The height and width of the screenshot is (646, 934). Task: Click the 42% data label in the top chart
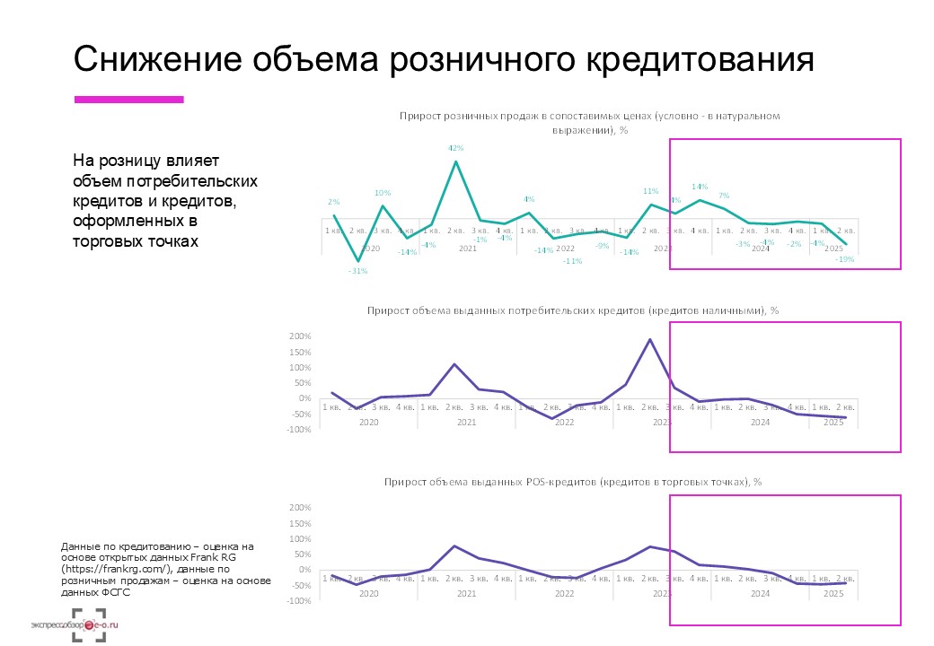(455, 148)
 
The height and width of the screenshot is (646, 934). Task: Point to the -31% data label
(358, 271)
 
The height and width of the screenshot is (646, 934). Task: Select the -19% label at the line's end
(844, 259)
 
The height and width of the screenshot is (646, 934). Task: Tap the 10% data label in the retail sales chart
(383, 193)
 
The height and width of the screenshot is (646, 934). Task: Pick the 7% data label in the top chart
(723, 196)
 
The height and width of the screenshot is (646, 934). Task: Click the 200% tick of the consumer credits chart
(299, 336)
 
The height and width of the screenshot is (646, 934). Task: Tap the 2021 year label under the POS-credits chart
(466, 593)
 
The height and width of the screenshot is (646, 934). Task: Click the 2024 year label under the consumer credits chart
(760, 421)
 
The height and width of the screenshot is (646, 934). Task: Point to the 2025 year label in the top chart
(833, 249)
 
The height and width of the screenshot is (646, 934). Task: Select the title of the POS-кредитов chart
(572, 482)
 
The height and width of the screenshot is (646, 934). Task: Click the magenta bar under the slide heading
(128, 100)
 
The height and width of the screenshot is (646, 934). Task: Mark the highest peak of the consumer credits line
(649, 339)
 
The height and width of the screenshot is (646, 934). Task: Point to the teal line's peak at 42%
(456, 161)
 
